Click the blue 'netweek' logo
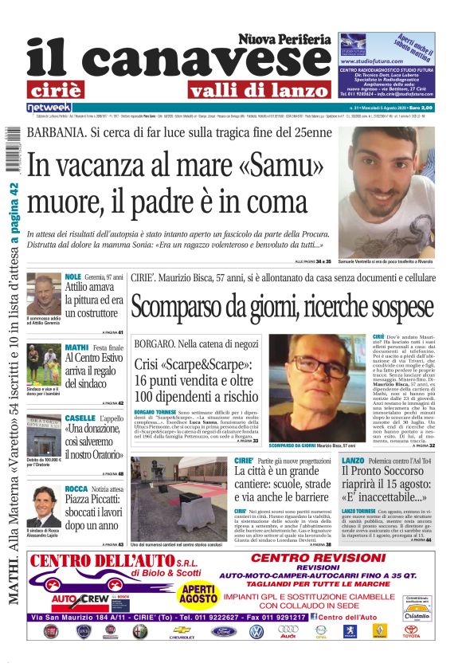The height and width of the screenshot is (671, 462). tap(49, 107)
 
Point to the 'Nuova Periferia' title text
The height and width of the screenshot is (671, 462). tap(284, 39)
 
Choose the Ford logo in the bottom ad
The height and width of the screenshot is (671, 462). tap(224, 631)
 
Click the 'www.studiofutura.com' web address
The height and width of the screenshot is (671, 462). tap(370, 61)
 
